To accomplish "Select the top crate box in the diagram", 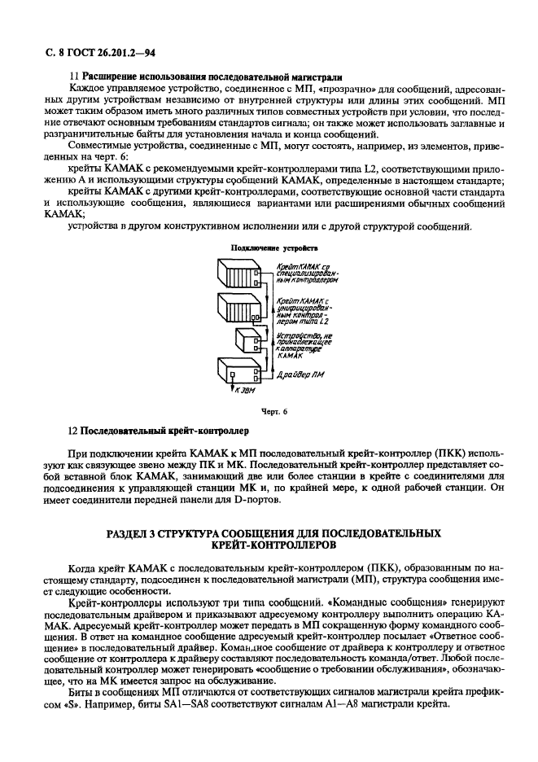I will [239, 276].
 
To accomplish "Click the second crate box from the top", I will [239, 309].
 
